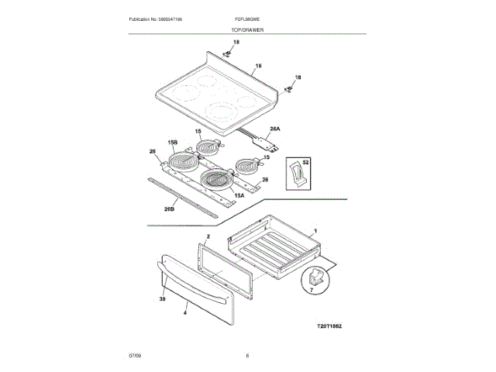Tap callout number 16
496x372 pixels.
259,66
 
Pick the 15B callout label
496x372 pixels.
173,143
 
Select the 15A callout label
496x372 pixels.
239,195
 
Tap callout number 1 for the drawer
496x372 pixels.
315,232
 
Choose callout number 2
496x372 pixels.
208,235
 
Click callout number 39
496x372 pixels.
164,298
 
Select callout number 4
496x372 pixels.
185,314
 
